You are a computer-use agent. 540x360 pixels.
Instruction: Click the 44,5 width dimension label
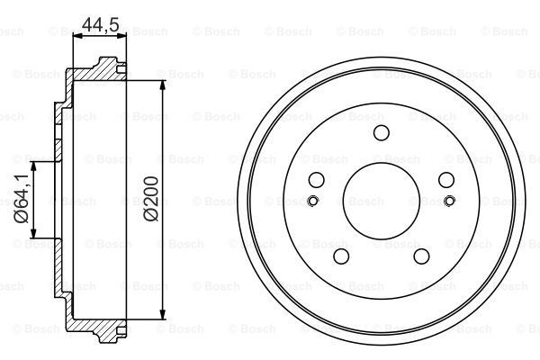[100, 24]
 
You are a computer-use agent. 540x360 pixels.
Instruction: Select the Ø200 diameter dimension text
[151, 199]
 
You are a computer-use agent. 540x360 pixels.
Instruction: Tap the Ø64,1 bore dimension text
[21, 199]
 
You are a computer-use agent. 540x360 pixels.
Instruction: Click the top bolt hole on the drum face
[382, 132]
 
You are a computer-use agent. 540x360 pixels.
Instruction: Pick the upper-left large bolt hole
[317, 180]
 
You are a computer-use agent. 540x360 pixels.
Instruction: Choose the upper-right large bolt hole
[446, 180]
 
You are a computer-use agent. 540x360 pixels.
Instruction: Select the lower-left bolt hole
[341, 256]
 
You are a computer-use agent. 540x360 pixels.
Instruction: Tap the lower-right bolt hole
[421, 256]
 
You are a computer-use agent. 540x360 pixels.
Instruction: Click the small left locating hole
[312, 201]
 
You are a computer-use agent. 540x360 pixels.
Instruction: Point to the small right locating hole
[450, 201]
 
